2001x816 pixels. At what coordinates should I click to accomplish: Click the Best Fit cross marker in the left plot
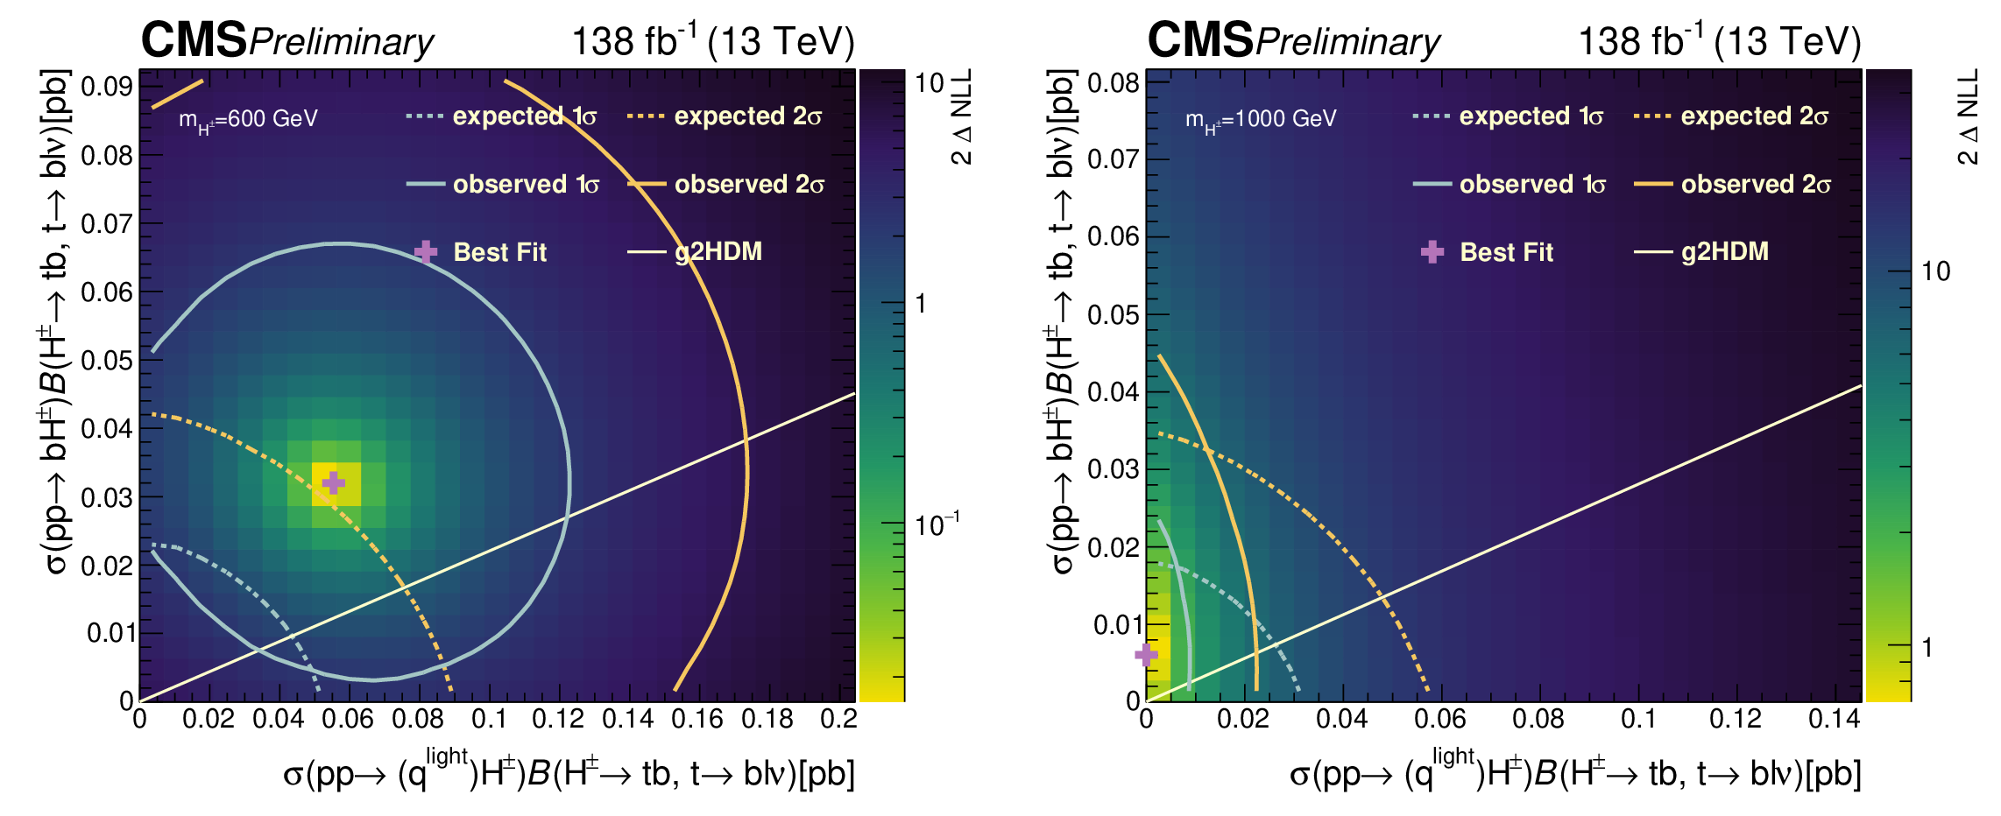(x=333, y=482)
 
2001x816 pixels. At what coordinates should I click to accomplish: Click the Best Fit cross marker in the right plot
(x=1146, y=655)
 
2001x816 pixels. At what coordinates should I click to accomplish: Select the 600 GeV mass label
(x=248, y=120)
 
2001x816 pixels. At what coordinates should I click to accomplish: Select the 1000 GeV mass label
(x=1261, y=120)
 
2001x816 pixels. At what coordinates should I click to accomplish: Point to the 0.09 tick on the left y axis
(x=107, y=87)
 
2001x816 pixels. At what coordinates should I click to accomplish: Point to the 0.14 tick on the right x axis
(x=1834, y=720)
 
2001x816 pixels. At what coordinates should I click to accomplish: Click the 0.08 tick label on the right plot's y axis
(x=1114, y=83)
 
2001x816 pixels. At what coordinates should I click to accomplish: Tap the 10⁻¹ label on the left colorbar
(x=937, y=524)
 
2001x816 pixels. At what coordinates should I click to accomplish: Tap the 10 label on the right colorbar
(x=1936, y=271)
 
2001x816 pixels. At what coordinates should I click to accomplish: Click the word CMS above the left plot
(x=194, y=40)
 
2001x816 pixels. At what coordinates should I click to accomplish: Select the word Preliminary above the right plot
(x=1347, y=42)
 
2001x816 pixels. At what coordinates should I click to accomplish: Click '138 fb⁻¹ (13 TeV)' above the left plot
(x=712, y=41)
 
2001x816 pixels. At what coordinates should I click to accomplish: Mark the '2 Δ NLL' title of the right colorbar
(x=1968, y=118)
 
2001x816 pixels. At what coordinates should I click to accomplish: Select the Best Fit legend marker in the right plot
(x=1432, y=252)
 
